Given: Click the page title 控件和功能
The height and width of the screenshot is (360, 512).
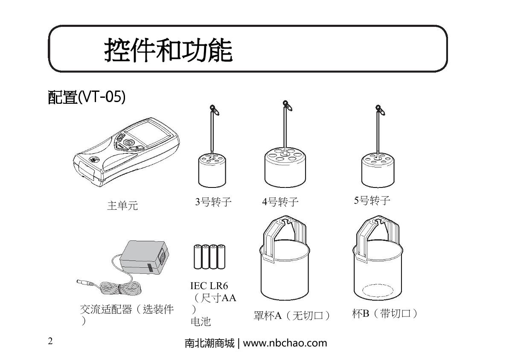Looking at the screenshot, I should (169, 50).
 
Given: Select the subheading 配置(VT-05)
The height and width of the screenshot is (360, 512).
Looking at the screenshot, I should (87, 98).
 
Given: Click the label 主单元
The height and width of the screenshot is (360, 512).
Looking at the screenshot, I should (122, 206).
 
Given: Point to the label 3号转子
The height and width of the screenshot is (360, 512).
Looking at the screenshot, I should (213, 202).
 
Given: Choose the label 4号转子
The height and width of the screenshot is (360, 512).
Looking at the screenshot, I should (280, 202).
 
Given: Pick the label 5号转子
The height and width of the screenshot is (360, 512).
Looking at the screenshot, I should (372, 201).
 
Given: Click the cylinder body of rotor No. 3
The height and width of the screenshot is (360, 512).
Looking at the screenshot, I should (212, 175).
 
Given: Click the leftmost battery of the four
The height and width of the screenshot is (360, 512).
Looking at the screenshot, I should (198, 257).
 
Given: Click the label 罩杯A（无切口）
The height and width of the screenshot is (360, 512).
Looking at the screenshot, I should (292, 316).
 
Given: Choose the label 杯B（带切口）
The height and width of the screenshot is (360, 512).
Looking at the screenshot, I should (384, 314).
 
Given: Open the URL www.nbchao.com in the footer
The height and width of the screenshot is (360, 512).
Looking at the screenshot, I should (285, 343).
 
